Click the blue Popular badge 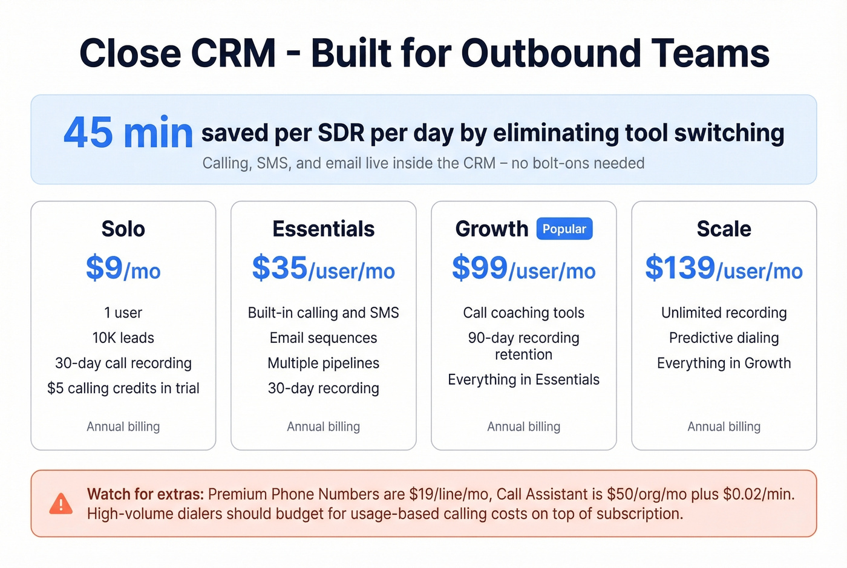pyautogui.click(x=564, y=229)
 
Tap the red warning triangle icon pyautogui.click(x=60, y=504)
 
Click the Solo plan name pyautogui.click(x=123, y=229)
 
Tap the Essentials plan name pyautogui.click(x=323, y=229)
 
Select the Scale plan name pyautogui.click(x=724, y=229)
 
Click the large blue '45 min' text pyautogui.click(x=128, y=133)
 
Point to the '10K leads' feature pyautogui.click(x=123, y=338)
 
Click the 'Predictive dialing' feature pyautogui.click(x=724, y=338)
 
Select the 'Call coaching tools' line pyautogui.click(x=523, y=313)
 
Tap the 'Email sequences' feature pyautogui.click(x=323, y=338)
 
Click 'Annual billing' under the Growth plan pyautogui.click(x=523, y=426)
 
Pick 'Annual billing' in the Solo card pyautogui.click(x=123, y=426)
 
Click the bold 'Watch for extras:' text pyautogui.click(x=145, y=494)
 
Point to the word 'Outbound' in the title pyautogui.click(x=551, y=53)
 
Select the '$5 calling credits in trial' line pyautogui.click(x=123, y=388)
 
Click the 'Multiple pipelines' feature pyautogui.click(x=323, y=363)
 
